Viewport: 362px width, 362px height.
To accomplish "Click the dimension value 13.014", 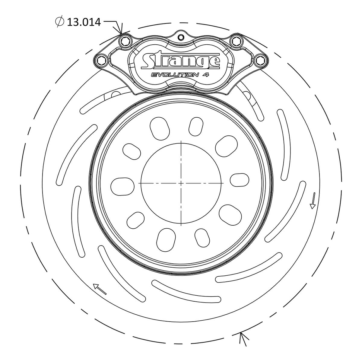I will coord(84,22).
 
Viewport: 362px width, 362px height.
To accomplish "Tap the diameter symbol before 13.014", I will coord(59,22).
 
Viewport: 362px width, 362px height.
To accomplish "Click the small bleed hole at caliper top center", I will coord(181,37).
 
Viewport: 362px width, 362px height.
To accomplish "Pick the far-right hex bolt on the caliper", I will coord(259,60).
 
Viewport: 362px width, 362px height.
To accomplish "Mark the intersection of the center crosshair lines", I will coord(181,183).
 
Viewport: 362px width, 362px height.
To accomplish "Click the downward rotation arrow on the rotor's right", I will coord(313,201).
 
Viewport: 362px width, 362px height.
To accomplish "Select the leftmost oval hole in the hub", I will coord(122,186).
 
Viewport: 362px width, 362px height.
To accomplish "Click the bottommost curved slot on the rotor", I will coord(186,291).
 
